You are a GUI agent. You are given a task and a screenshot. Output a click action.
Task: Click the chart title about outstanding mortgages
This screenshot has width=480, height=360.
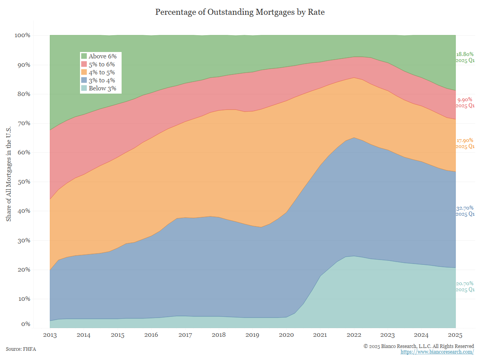(x=240, y=12)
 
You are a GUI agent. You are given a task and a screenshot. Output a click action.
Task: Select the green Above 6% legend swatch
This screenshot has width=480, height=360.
(x=84, y=56)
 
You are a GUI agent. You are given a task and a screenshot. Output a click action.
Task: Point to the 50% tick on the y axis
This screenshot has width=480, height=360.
(x=23, y=182)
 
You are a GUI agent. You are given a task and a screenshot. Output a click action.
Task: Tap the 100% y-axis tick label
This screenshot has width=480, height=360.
(x=22, y=35)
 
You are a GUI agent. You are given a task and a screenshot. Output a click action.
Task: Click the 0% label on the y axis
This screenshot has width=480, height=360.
(x=26, y=324)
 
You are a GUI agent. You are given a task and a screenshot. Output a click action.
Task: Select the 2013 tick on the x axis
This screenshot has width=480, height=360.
(x=50, y=334)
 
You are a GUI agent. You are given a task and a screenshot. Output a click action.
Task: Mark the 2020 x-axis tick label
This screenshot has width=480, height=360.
(x=286, y=334)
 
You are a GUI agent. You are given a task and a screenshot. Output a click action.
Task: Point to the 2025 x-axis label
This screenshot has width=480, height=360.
(x=456, y=334)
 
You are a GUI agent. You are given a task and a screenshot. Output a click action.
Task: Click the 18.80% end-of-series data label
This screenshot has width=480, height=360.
(x=465, y=54)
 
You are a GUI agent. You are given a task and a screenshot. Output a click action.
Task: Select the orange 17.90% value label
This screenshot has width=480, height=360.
(x=465, y=140)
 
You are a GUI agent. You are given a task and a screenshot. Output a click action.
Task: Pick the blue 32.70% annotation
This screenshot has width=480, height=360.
(x=465, y=208)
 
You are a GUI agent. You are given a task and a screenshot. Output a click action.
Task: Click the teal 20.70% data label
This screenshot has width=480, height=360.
(x=465, y=284)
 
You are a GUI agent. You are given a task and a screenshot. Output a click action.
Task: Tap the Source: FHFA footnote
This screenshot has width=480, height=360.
(x=21, y=349)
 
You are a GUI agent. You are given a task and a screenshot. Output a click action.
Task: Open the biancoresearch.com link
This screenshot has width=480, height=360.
(x=437, y=352)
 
